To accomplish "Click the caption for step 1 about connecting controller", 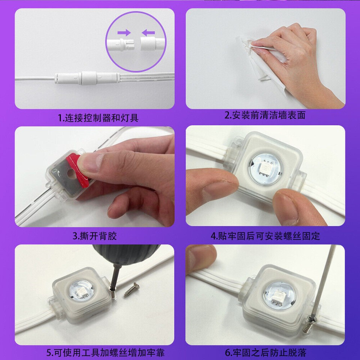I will [x=98, y=118].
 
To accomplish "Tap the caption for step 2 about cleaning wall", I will [x=265, y=115].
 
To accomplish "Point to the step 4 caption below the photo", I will [x=265, y=236].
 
